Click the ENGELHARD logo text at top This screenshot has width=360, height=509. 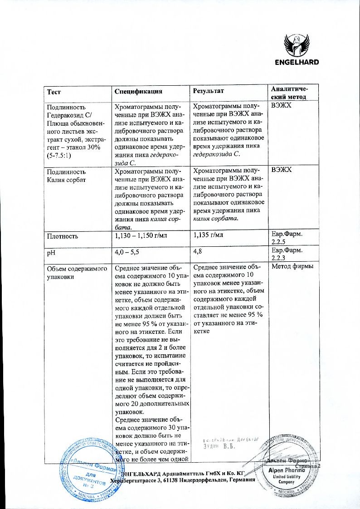click(297, 62)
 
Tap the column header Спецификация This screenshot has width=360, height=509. click(138, 91)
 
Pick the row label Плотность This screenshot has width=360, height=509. click(63, 236)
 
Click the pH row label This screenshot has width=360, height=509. click(51, 251)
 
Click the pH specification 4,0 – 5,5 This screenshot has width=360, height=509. click(128, 251)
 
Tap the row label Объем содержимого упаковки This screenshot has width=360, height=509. click(73, 271)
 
